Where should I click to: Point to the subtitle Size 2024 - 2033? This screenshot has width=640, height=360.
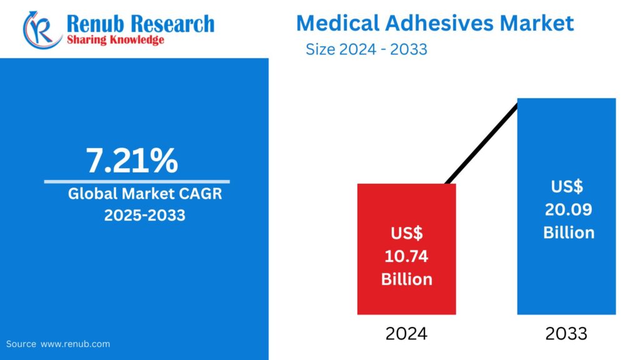[366, 49]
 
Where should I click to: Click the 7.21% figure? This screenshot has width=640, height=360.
[132, 161]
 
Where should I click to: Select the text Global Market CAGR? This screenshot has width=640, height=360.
[145, 194]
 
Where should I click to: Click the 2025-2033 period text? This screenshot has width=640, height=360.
[145, 216]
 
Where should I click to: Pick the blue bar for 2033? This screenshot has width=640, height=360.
[566, 144]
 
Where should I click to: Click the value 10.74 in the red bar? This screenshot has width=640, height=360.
[407, 256]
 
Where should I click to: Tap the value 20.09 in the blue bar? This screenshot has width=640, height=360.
[568, 209]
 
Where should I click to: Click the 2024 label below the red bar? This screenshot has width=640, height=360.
[406, 334]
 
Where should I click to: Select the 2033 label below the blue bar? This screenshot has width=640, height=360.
[566, 334]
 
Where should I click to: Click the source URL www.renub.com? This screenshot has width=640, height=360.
[76, 344]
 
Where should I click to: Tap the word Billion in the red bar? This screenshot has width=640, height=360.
[407, 279]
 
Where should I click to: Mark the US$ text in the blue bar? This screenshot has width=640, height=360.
[567, 186]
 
